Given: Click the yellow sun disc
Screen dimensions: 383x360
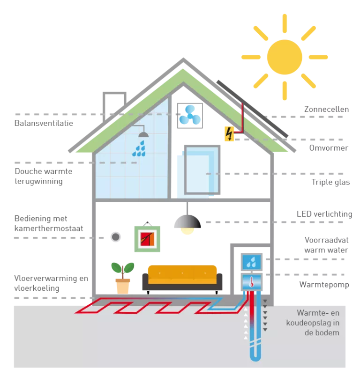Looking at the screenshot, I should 285,56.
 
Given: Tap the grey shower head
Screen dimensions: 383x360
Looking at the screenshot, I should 143,134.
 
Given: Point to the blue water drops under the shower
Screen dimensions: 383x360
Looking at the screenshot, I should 139,149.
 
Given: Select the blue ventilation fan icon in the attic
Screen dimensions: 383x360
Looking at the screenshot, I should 190,115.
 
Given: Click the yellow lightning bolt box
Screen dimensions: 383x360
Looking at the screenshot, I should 229,133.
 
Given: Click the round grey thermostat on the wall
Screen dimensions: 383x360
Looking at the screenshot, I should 115,237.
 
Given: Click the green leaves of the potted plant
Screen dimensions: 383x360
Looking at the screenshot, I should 122,268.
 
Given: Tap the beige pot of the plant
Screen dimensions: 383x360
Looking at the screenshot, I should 122,286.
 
